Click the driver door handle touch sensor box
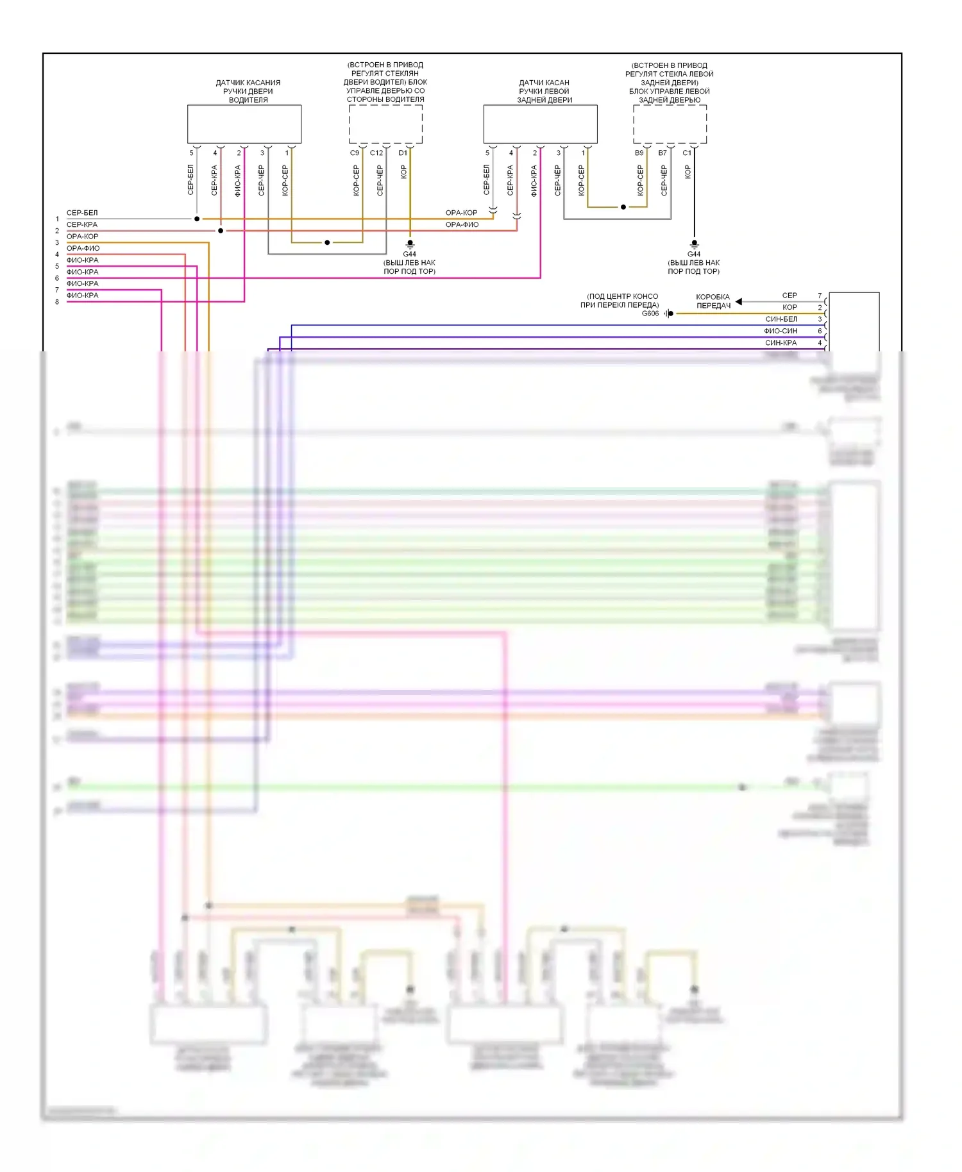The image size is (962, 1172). click(x=244, y=124)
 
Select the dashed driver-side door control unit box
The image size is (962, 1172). click(x=385, y=124)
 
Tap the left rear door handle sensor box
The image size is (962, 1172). click(x=540, y=124)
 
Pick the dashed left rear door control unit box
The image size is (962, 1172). click(x=670, y=124)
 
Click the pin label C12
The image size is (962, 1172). click(x=376, y=153)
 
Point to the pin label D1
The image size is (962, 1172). click(x=403, y=153)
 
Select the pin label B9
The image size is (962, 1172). click(x=639, y=153)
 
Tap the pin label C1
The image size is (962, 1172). click(x=687, y=153)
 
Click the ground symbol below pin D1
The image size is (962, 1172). click(x=410, y=244)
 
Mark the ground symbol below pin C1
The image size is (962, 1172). click(x=694, y=244)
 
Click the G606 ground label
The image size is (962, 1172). click(x=650, y=314)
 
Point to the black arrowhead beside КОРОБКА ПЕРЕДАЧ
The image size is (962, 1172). click(x=739, y=301)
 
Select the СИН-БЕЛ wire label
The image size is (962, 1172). click(x=781, y=319)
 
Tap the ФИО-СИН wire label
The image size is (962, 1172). click(x=781, y=331)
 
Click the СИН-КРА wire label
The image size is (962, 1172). click(x=781, y=343)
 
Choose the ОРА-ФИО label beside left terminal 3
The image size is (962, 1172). click(x=83, y=248)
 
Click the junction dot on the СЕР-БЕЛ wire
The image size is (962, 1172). click(x=197, y=219)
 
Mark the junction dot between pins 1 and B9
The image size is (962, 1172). click(x=623, y=207)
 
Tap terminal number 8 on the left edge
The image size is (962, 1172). click(x=57, y=302)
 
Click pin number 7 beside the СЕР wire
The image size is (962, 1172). click(x=820, y=296)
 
